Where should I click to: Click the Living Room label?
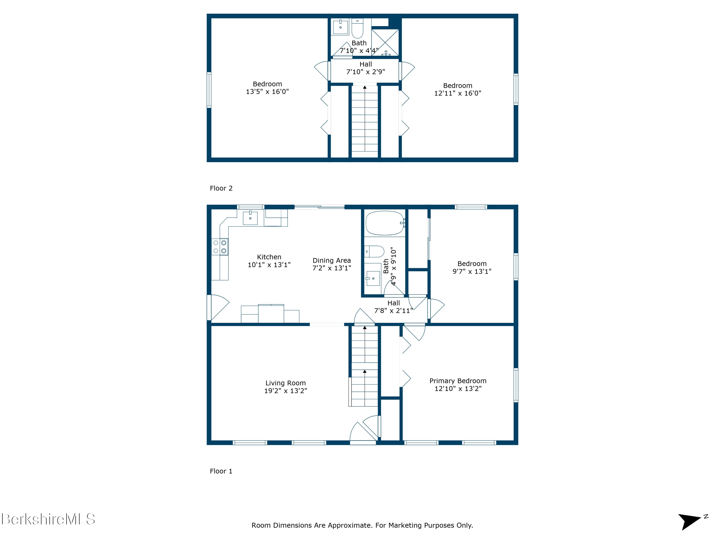click(x=285, y=383)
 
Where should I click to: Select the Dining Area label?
click(x=332, y=260)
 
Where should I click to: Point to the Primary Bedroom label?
click(x=458, y=381)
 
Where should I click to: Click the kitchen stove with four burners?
click(x=220, y=247)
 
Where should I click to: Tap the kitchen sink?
click(x=250, y=218)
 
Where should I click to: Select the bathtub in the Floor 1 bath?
click(x=385, y=223)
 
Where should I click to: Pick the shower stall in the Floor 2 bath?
click(x=385, y=42)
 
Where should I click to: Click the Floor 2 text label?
click(x=221, y=188)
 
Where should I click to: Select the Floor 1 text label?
click(x=221, y=471)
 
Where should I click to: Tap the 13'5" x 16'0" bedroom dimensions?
click(x=268, y=91)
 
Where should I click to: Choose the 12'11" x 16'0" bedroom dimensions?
click(x=458, y=93)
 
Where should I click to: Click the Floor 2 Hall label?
click(x=366, y=64)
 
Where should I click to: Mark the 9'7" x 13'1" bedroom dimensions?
click(x=472, y=271)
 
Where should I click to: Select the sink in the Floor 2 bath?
click(x=341, y=27)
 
